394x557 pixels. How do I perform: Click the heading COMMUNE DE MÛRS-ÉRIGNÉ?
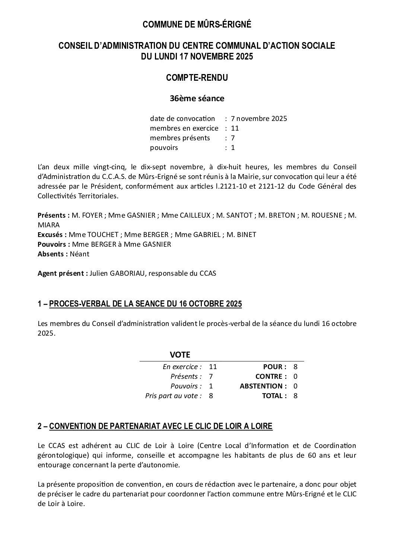197,25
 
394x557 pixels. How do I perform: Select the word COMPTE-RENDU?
197,78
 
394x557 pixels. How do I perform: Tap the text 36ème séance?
197,99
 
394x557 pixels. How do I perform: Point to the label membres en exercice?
184,128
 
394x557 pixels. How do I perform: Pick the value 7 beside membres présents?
233,138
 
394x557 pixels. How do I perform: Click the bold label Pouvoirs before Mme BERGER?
53,244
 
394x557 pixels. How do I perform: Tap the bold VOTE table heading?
180,355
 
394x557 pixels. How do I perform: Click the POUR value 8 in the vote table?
295,367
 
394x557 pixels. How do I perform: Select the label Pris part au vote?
173,396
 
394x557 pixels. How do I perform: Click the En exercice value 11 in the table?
213,367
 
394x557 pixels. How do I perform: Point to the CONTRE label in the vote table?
271,377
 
